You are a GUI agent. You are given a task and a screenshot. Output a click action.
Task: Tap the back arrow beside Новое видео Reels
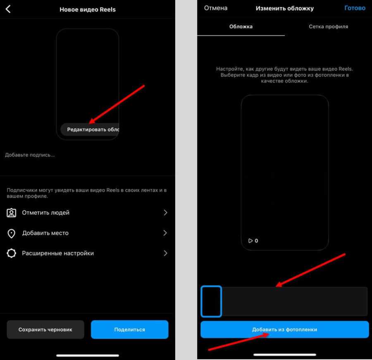tap(8, 9)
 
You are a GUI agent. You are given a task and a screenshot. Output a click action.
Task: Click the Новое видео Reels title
tap(88, 10)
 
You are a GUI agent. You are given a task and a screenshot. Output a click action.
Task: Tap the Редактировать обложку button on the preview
tap(90, 129)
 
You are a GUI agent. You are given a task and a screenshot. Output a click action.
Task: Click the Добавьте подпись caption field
tap(30, 155)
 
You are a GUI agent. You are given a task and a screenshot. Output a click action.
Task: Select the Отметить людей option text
tap(46, 212)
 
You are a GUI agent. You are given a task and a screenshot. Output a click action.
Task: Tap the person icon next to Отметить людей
tap(12, 213)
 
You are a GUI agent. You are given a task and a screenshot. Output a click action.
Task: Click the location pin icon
tap(12, 233)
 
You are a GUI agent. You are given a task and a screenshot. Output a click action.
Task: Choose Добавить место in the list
tap(45, 233)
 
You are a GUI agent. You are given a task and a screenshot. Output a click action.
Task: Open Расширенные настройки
tap(58, 253)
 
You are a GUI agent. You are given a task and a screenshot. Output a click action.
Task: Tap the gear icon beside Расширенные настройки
tap(12, 253)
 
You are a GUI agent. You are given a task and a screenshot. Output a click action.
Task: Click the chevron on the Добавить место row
tap(165, 233)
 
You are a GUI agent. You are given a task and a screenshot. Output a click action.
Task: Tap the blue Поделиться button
tap(129, 329)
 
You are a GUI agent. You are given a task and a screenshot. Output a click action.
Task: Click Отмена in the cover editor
tap(216, 8)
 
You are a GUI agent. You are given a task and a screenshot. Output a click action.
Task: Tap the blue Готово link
tap(355, 8)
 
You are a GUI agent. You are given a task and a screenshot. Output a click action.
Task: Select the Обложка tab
tap(241, 26)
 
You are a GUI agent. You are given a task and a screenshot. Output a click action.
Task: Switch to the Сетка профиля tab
tap(328, 26)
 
